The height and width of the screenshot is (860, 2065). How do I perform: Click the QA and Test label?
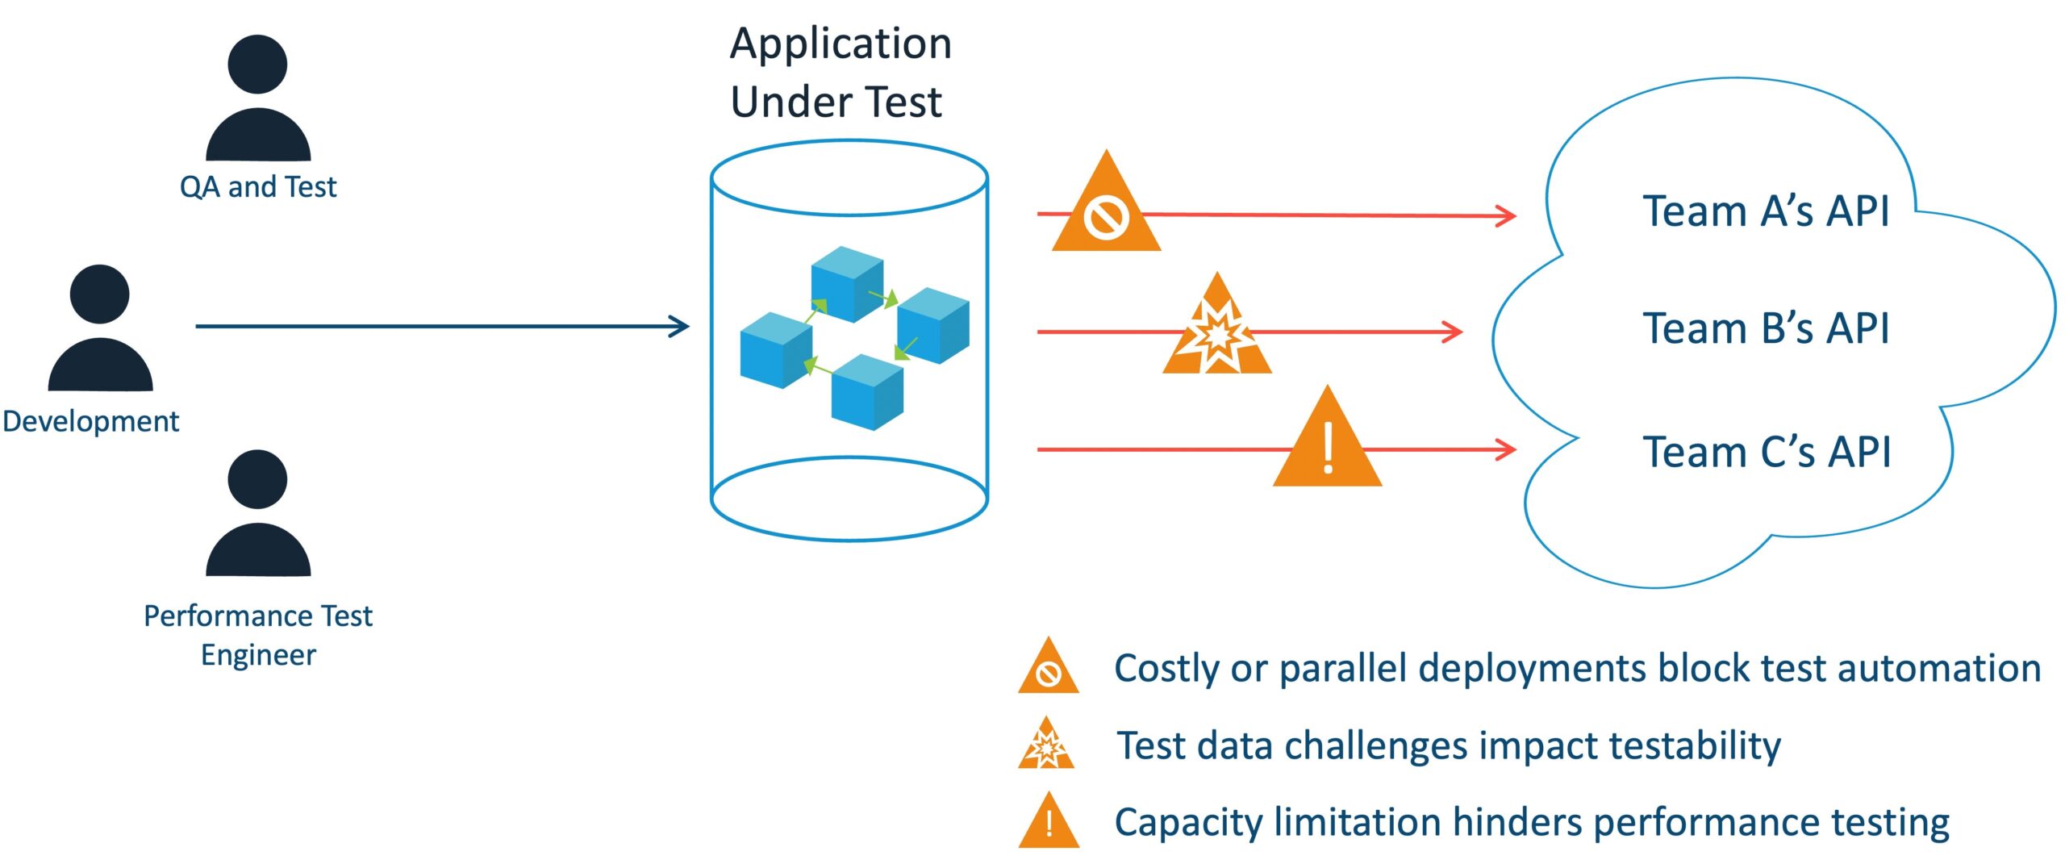click(257, 187)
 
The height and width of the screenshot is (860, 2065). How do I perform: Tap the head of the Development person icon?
click(99, 294)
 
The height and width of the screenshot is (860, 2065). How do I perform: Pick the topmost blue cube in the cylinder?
click(846, 283)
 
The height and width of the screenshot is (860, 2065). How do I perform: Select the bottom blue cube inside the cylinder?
click(867, 392)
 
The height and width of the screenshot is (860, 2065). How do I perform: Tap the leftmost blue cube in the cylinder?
click(775, 350)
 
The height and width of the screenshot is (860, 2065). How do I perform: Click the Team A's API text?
click(1766, 211)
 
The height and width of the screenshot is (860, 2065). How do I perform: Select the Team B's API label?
click(1766, 328)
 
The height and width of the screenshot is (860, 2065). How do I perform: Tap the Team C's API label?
click(1767, 452)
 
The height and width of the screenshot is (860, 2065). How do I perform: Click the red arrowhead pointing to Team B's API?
click(1454, 332)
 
